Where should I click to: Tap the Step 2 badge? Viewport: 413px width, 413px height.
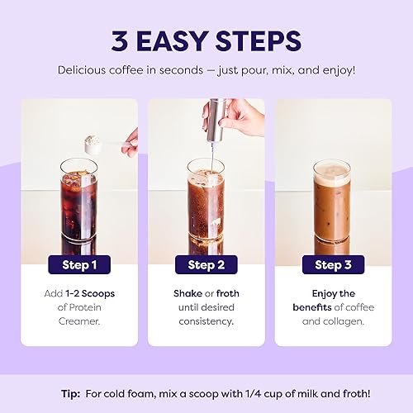[206, 265]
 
